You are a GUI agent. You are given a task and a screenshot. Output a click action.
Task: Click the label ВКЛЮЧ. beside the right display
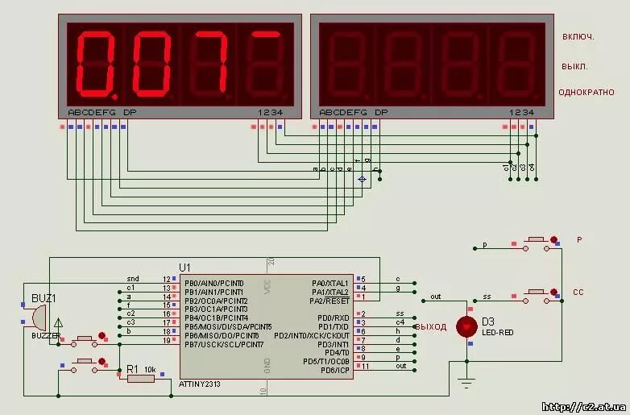[578, 36]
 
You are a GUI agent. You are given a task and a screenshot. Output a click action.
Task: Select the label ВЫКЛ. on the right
[575, 66]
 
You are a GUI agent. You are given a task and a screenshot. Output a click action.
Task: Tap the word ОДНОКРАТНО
[586, 93]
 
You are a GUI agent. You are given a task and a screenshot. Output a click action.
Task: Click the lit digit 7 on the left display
[206, 62]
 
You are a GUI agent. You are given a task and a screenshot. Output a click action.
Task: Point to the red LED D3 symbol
[466, 326]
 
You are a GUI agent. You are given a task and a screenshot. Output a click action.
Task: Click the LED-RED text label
[496, 333]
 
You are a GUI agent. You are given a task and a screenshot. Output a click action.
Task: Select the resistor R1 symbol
[140, 378]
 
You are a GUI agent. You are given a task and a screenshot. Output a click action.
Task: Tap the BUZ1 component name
[44, 298]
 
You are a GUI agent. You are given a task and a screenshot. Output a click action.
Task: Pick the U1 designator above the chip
[185, 267]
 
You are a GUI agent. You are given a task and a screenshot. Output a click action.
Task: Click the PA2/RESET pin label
[329, 301]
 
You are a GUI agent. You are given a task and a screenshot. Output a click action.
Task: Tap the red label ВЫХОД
[431, 326]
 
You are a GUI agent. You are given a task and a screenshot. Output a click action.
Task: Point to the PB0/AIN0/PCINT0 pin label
[213, 283]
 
